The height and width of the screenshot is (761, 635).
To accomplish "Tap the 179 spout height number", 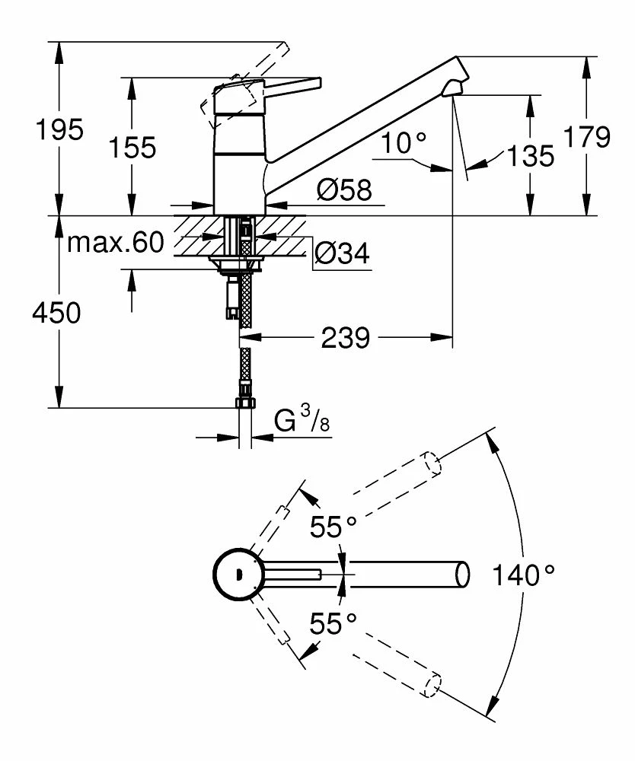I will tap(587, 137).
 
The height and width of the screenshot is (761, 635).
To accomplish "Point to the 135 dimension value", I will tap(530, 156).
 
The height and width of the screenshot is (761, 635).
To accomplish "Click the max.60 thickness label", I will tap(116, 243).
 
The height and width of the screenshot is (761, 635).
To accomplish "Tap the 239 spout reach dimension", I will tap(346, 337).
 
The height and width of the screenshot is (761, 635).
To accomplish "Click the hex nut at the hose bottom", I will tap(245, 403).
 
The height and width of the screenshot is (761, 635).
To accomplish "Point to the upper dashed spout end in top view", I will tap(432, 463).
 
